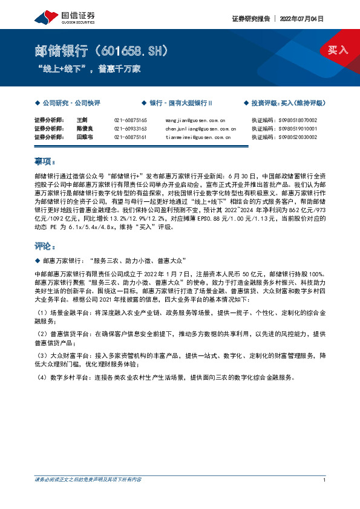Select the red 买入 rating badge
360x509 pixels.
tap(339, 50)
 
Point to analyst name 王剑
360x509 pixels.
tap(82, 120)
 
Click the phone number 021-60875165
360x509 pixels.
tap(130, 120)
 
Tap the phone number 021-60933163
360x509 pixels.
tap(130, 129)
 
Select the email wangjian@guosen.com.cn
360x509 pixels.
tap(195, 120)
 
